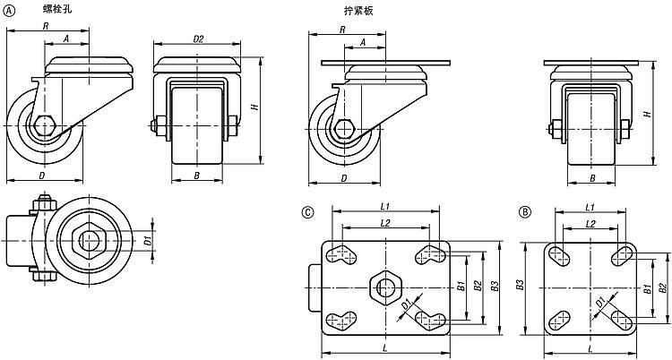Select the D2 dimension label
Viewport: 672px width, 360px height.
[199, 39]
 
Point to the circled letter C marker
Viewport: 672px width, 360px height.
[308, 212]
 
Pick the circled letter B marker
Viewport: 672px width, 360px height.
[524, 212]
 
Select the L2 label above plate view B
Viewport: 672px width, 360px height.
[590, 223]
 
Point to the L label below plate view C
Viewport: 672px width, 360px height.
[385, 346]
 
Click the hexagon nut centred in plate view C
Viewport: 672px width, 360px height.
[386, 287]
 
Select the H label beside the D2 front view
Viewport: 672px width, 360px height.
[254, 107]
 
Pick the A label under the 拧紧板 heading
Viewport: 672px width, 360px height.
[363, 41]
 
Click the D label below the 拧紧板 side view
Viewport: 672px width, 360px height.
[345, 178]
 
